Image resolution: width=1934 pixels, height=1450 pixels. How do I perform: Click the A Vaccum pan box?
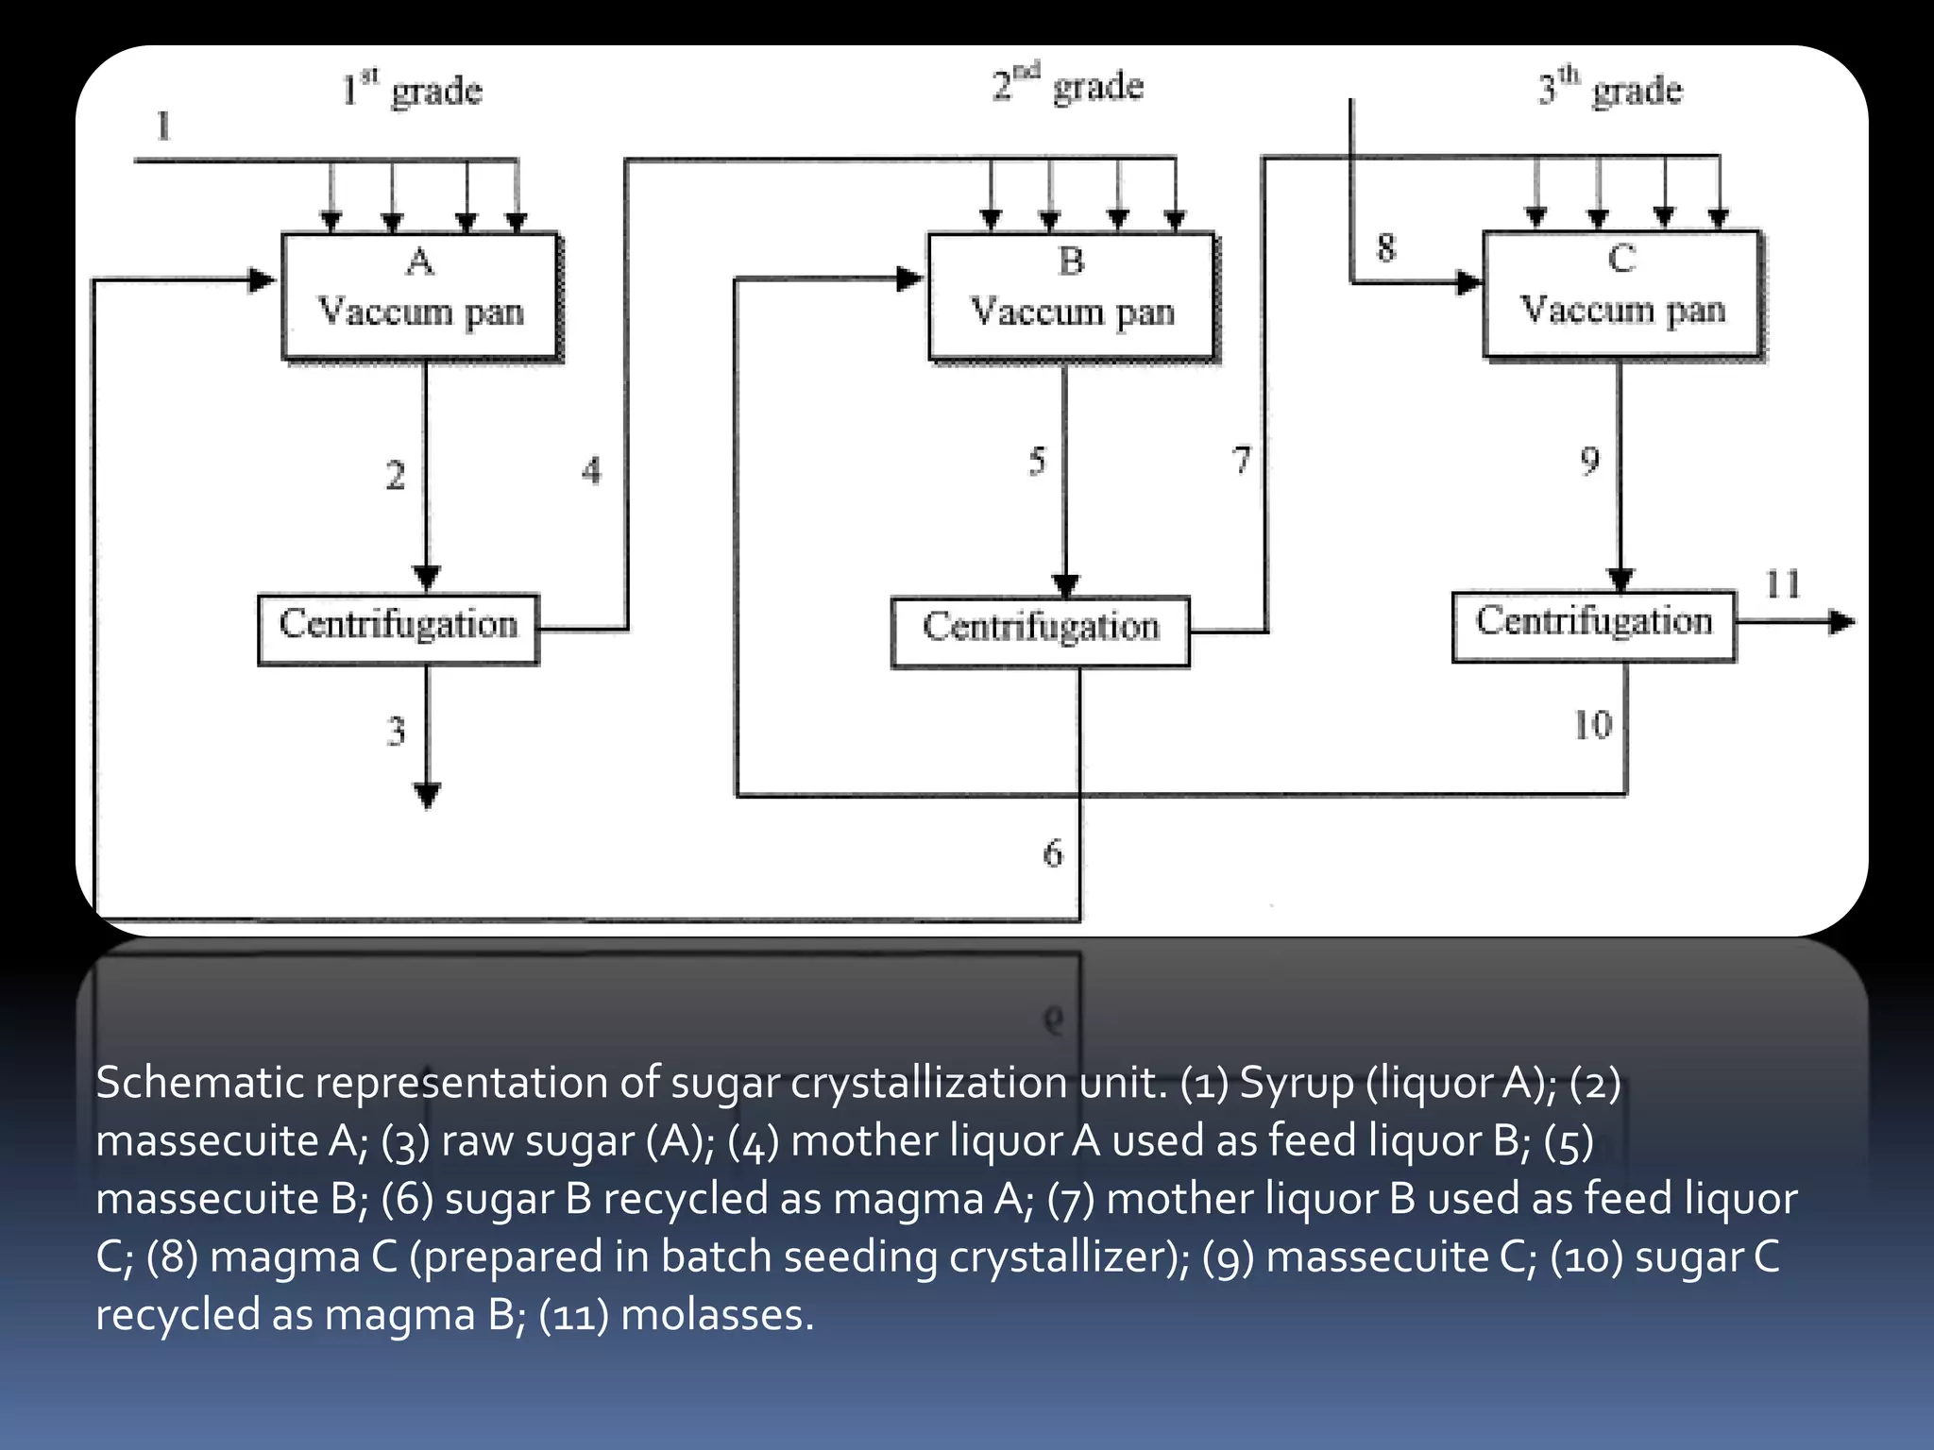click(420, 295)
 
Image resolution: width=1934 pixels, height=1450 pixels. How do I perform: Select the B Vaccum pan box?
click(1071, 295)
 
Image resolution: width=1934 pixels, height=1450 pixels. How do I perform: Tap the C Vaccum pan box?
click(1621, 294)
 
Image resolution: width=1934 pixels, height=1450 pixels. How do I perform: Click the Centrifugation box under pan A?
click(398, 629)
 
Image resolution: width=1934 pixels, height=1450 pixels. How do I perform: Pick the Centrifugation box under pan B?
click(1040, 632)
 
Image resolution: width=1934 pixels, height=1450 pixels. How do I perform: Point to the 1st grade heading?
click(412, 90)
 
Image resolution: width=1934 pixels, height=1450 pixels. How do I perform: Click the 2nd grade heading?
click(1067, 85)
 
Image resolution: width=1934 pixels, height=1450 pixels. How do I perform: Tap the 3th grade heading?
click(1609, 89)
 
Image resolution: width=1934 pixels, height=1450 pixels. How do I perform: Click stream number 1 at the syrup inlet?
click(163, 126)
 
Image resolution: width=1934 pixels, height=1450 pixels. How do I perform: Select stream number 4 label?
click(591, 470)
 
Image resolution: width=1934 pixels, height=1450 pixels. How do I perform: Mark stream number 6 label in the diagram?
click(1052, 853)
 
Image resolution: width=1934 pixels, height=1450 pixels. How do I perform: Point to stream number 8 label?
click(1385, 248)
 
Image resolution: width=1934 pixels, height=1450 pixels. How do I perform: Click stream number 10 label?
click(1592, 725)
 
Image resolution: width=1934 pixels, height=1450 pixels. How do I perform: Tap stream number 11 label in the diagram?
click(1782, 584)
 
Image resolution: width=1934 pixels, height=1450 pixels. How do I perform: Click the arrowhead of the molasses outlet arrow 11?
click(1841, 622)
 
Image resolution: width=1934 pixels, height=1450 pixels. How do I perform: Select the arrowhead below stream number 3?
click(428, 796)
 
